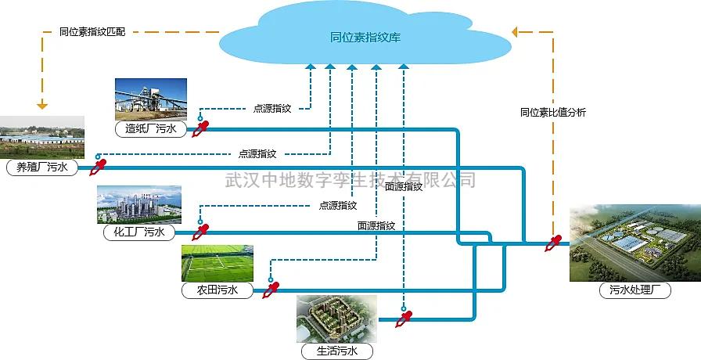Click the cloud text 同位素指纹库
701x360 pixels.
click(365, 37)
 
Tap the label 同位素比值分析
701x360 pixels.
click(552, 112)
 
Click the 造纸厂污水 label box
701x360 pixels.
click(150, 129)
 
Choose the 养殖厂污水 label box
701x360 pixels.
click(42, 167)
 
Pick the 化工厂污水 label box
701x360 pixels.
click(139, 232)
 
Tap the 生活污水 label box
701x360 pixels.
click(336, 351)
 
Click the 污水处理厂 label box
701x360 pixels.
click(635, 290)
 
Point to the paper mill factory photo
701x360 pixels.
click(151, 99)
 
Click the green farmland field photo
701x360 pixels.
click(217, 263)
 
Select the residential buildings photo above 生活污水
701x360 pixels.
click(336, 318)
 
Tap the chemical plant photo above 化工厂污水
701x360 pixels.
click(139, 204)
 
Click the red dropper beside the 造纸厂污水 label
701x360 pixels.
click(201, 129)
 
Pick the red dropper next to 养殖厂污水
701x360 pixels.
click(99, 167)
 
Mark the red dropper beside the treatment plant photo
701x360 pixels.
click(554, 243)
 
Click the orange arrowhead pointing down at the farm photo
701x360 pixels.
click(42, 105)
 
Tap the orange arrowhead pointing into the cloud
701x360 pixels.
click(517, 32)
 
